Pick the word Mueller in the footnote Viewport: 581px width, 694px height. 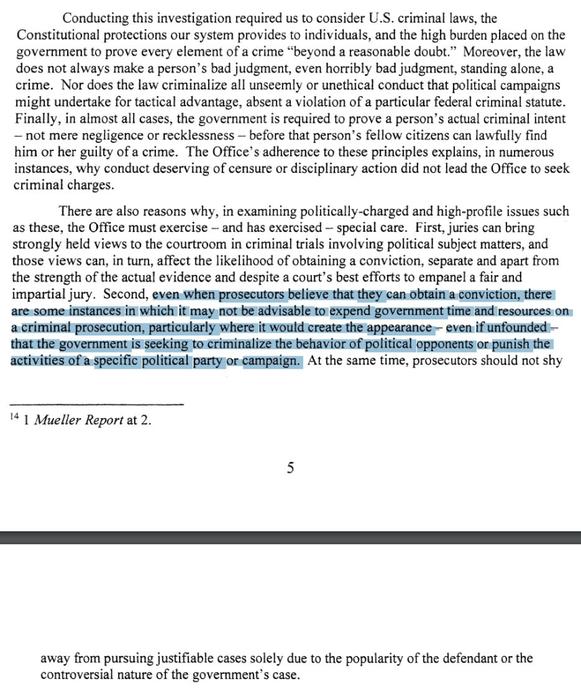[x=56, y=421]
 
